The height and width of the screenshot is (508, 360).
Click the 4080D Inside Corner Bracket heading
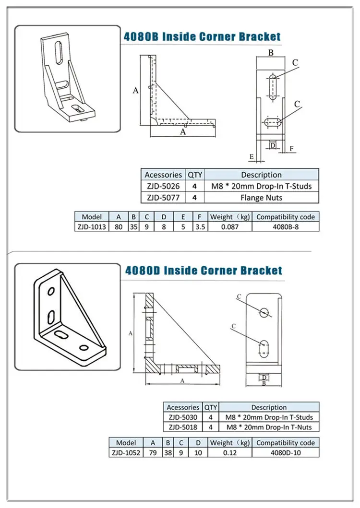point(204,271)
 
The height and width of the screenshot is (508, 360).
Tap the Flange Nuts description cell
point(262,197)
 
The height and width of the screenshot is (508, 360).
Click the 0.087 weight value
point(229,227)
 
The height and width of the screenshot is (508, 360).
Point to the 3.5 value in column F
point(200,227)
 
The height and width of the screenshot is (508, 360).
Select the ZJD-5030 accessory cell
point(183,417)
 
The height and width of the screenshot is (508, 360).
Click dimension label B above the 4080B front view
point(271,53)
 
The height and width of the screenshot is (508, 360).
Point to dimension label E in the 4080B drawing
point(251,156)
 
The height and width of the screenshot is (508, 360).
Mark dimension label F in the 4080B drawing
point(291,149)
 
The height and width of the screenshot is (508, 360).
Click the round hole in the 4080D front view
point(264,313)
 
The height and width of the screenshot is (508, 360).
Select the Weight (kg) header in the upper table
point(229,217)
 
